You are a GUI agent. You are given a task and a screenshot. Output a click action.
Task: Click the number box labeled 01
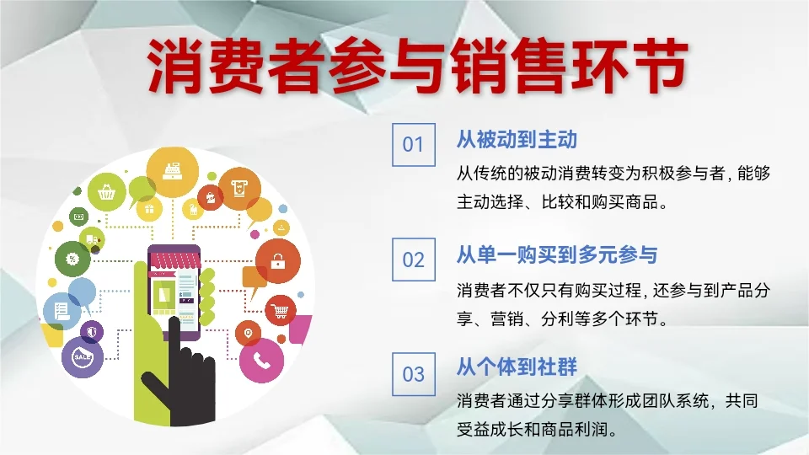point(413,144)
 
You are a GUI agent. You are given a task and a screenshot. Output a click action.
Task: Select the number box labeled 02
point(413,259)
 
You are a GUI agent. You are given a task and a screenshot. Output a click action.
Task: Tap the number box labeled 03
point(413,373)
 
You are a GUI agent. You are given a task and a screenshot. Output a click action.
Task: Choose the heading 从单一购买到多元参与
point(556,254)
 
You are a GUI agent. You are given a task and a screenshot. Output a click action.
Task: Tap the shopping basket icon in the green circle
point(107,192)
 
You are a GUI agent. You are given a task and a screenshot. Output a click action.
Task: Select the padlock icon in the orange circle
point(277,262)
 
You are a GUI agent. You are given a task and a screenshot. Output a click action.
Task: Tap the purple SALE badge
point(83,357)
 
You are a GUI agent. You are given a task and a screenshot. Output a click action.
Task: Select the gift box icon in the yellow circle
point(150,206)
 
